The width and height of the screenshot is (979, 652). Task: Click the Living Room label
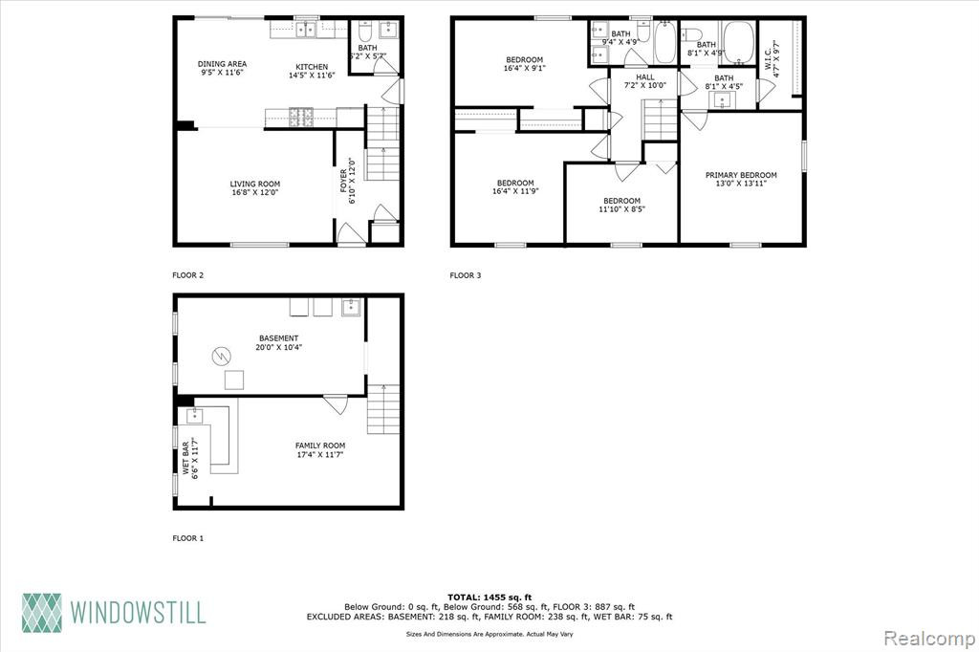pyautogui.click(x=254, y=188)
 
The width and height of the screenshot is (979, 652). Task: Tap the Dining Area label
pyautogui.click(x=222, y=68)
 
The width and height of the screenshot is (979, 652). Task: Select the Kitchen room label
pyautogui.click(x=312, y=71)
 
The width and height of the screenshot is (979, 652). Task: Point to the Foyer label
pyautogui.click(x=347, y=181)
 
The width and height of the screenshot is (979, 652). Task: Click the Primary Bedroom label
pyautogui.click(x=741, y=179)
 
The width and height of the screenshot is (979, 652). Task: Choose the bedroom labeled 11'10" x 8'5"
pyautogui.click(x=621, y=205)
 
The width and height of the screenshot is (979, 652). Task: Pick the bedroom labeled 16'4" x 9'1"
pyautogui.click(x=525, y=64)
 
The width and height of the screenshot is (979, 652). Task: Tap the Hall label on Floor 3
pyautogui.click(x=645, y=81)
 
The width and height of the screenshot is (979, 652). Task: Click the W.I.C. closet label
pyautogui.click(x=772, y=58)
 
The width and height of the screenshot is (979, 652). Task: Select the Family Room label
pyautogui.click(x=320, y=449)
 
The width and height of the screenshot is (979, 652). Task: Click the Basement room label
pyautogui.click(x=278, y=342)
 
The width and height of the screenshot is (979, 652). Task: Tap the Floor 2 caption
pyautogui.click(x=188, y=274)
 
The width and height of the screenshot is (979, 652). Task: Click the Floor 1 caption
pyautogui.click(x=188, y=537)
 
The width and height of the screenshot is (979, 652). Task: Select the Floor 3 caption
pyautogui.click(x=466, y=274)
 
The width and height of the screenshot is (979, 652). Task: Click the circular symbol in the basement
pyautogui.click(x=222, y=357)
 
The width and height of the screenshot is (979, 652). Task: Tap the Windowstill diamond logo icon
pyautogui.click(x=42, y=613)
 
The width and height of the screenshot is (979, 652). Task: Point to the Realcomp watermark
pyautogui.click(x=929, y=639)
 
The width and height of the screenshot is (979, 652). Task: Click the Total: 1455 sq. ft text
pyautogui.click(x=489, y=598)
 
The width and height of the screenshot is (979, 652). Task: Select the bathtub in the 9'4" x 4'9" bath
pyautogui.click(x=665, y=42)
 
